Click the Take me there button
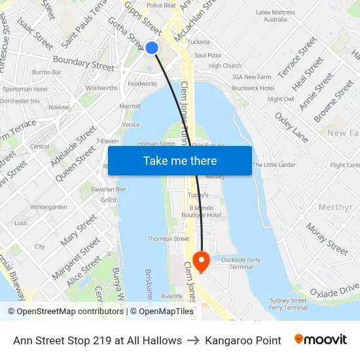pos(180,160)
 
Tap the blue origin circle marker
pos(152,47)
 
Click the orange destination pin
pos(202,262)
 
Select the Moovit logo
pos(321,340)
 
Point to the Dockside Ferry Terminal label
pos(240,263)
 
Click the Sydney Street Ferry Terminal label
pos(289,304)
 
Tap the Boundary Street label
pos(83,63)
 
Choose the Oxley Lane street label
pos(291,127)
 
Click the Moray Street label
pos(327,240)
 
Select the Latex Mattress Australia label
pos(276,16)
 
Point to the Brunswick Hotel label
pos(253,88)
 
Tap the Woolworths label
pos(101,88)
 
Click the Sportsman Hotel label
pos(25,89)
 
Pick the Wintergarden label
pos(48,207)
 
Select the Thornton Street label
pos(168,239)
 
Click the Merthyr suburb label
pos(334,207)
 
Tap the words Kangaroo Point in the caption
pos(243,340)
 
